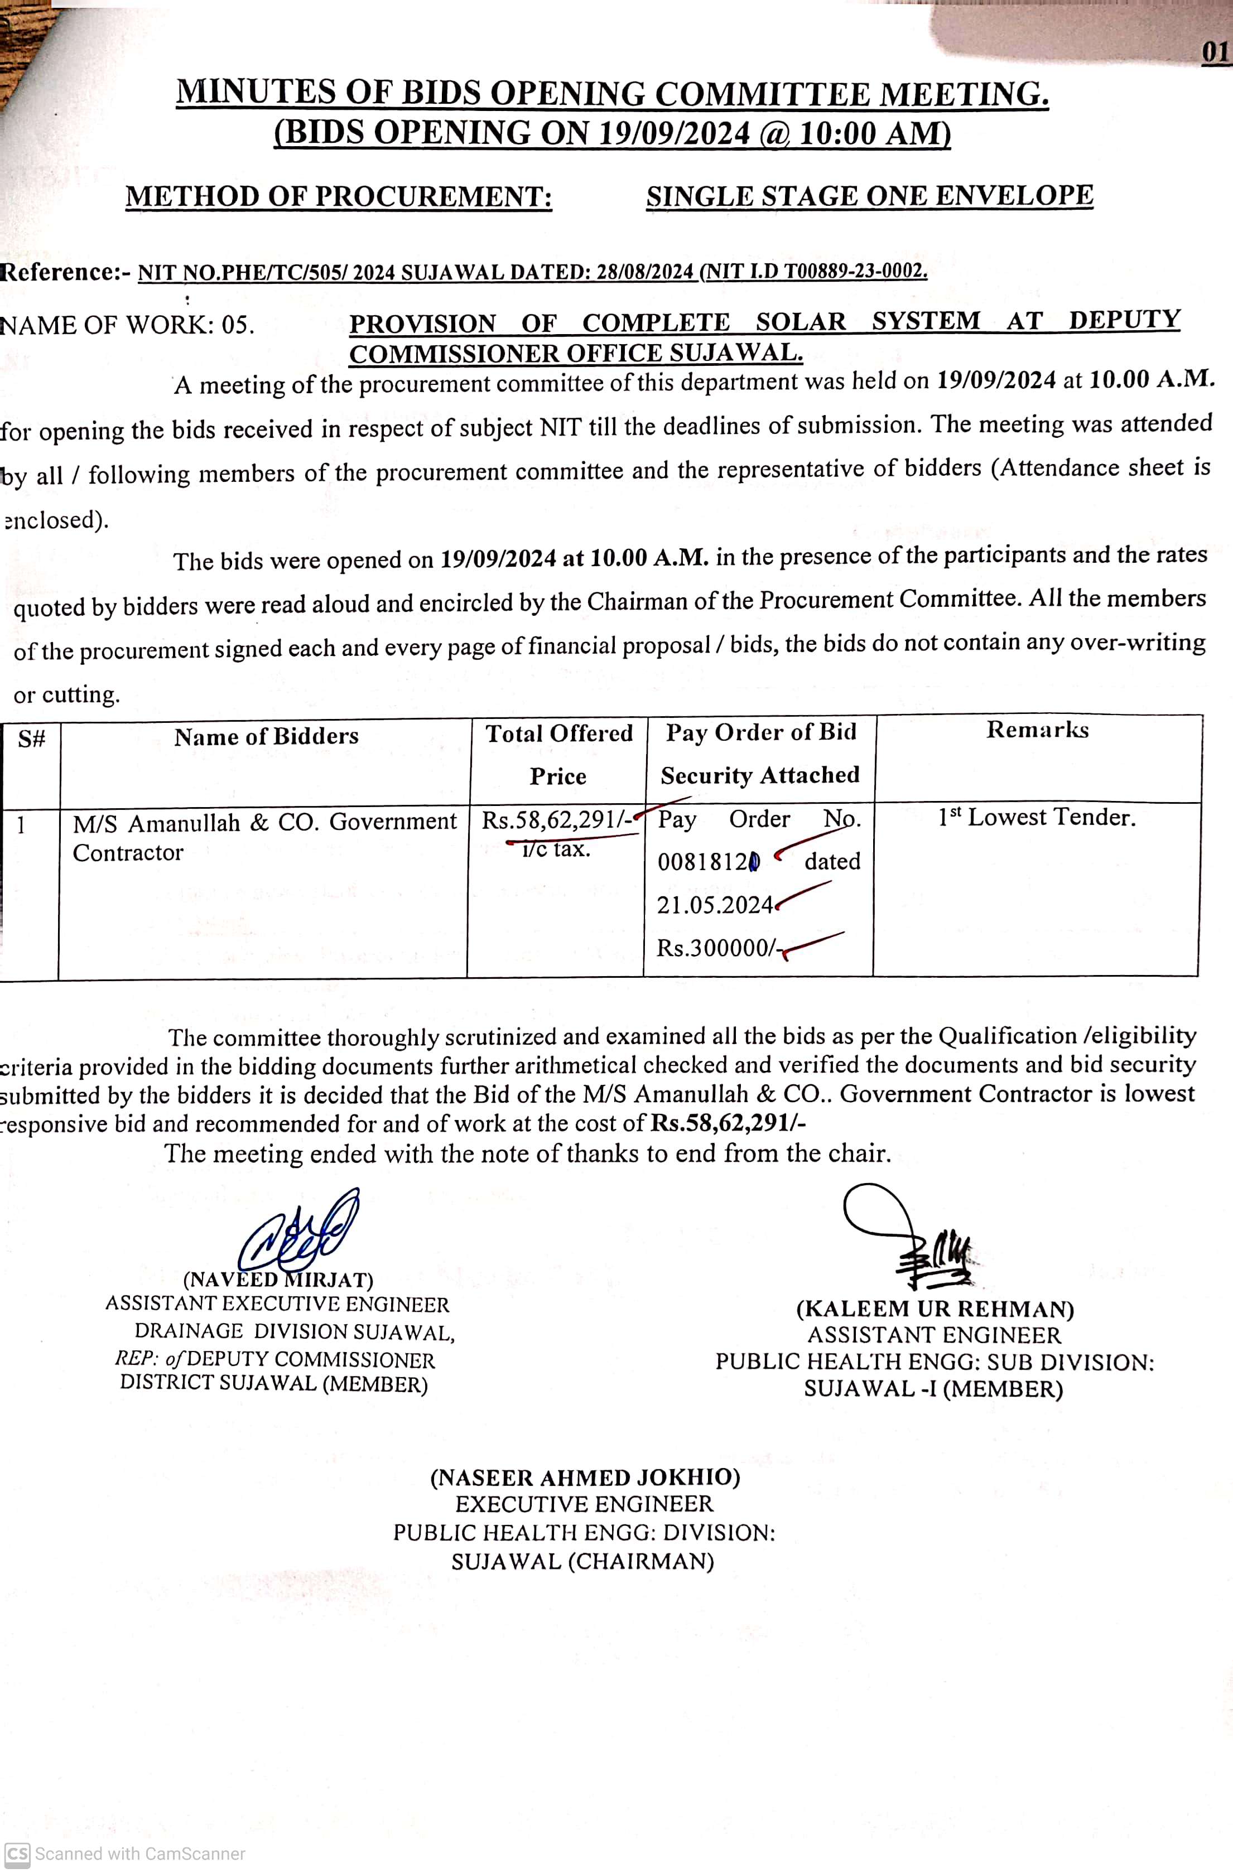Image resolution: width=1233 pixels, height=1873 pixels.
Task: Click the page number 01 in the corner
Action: click(x=1215, y=53)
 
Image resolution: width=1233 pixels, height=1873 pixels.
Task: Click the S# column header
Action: click(x=31, y=739)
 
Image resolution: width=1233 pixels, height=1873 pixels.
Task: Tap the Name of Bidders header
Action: click(x=266, y=737)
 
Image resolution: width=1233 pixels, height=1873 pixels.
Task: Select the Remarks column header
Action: click(x=1037, y=730)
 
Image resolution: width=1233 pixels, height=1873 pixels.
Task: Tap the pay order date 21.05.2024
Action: click(x=714, y=905)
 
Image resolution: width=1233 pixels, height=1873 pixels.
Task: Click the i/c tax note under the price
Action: click(x=556, y=849)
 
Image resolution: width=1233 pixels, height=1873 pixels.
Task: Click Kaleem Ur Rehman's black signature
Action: click(x=913, y=1235)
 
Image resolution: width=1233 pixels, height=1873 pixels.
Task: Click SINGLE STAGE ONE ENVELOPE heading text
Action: click(x=869, y=196)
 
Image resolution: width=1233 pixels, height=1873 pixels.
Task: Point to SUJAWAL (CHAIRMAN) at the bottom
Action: click(x=582, y=1561)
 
